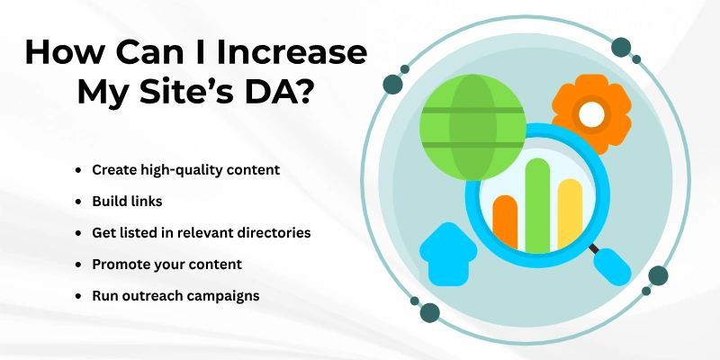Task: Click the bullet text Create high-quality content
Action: (186, 169)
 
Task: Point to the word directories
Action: (271, 232)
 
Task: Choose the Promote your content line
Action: (166, 265)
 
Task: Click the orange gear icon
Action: (590, 113)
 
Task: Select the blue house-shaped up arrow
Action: (446, 254)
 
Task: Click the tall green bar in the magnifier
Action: (537, 203)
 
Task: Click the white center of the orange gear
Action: (590, 113)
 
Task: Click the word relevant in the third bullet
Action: (204, 232)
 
